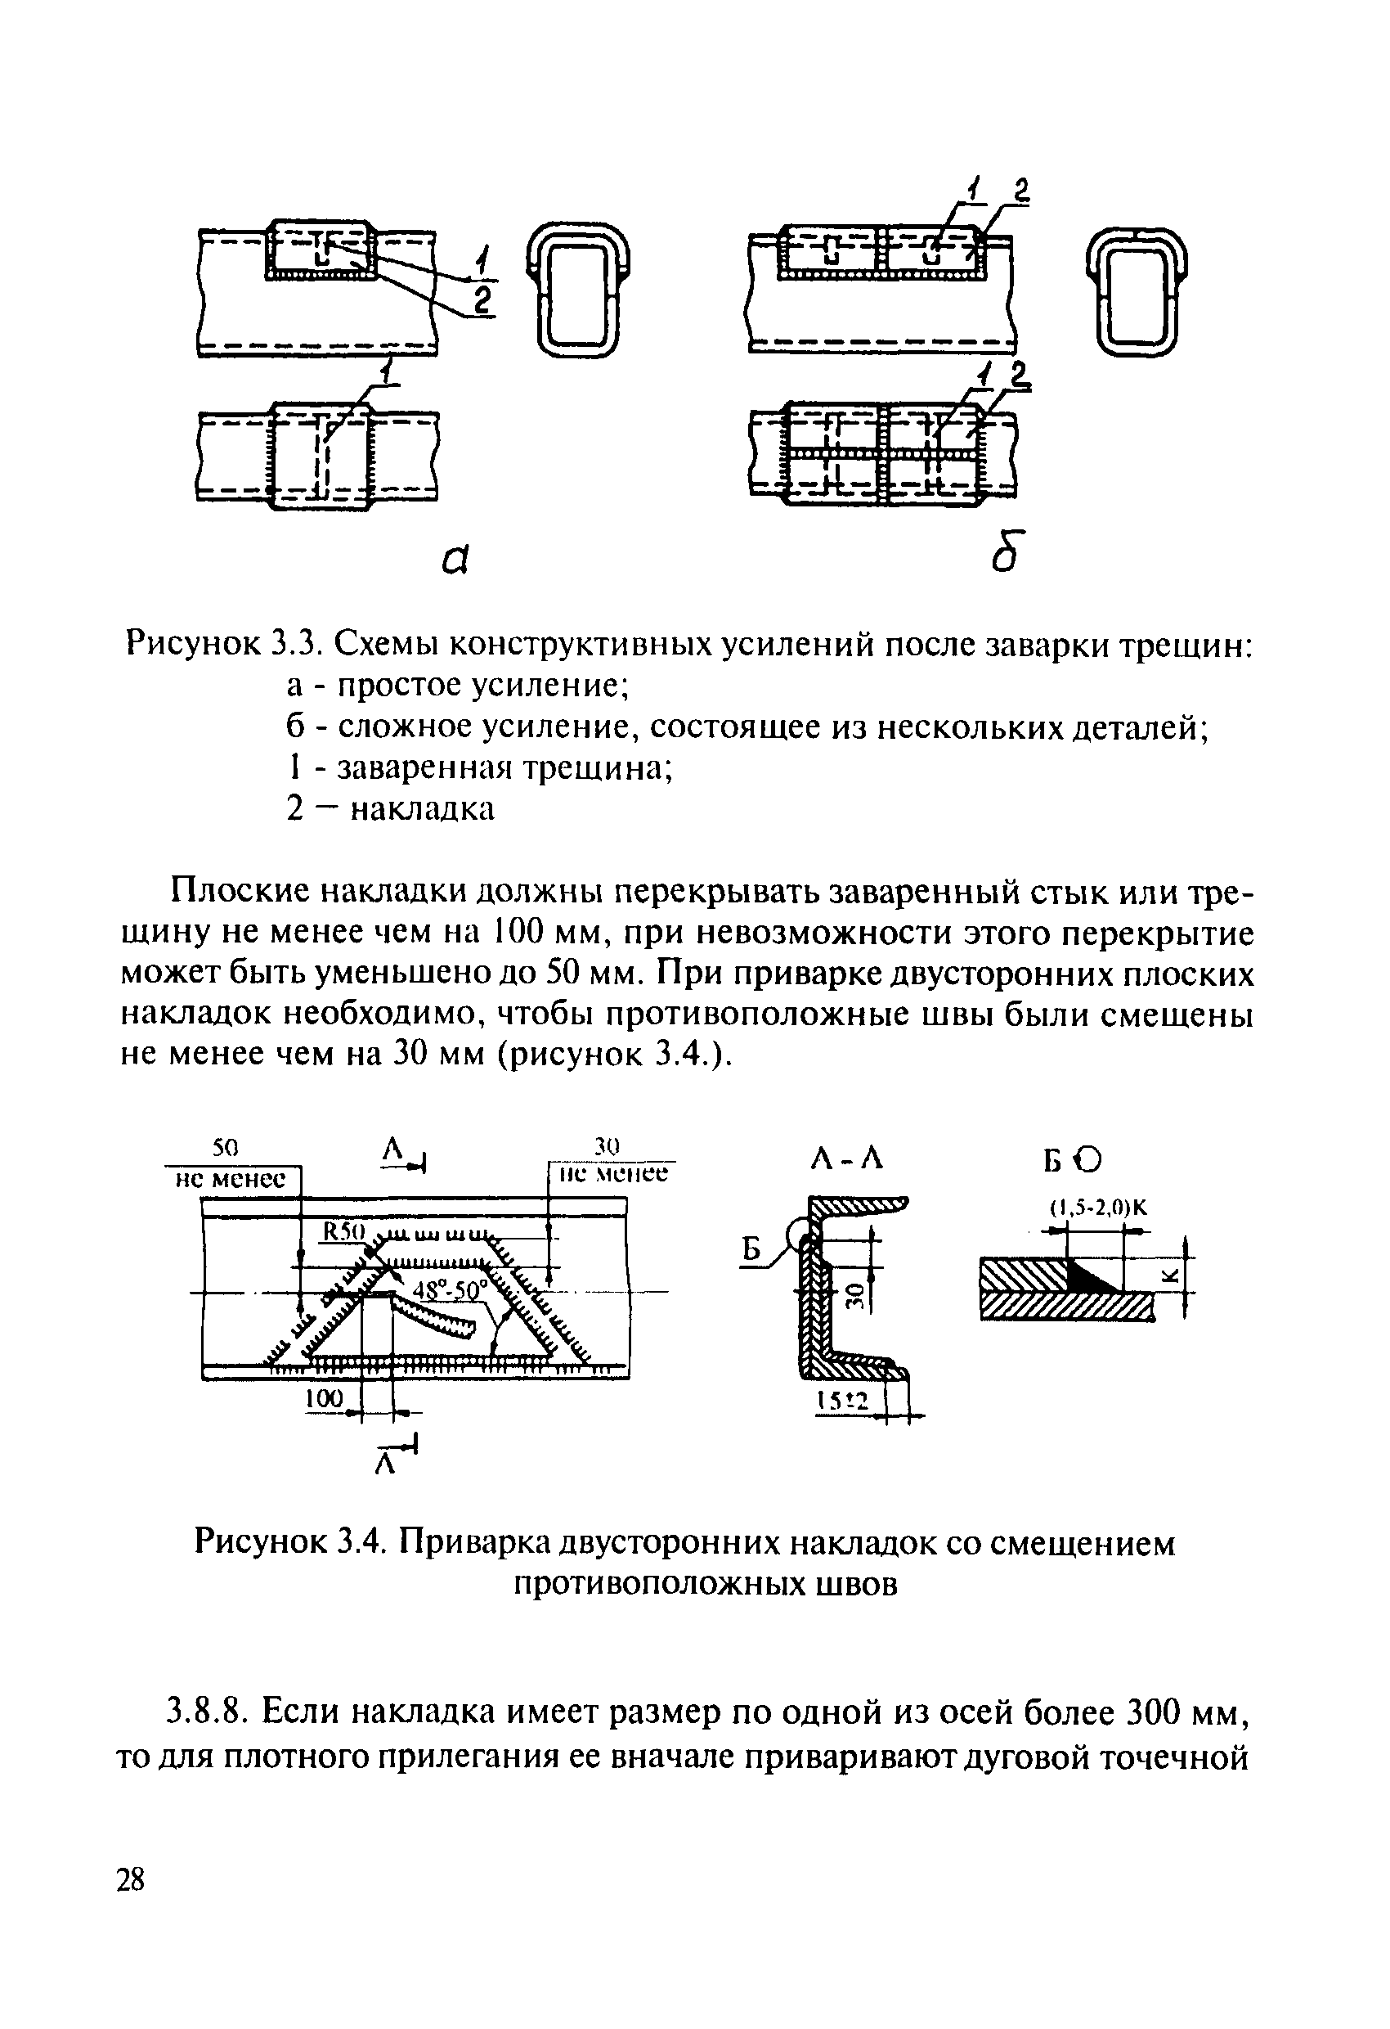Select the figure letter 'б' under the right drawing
1005,552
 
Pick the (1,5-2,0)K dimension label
1099,1208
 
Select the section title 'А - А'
846,1159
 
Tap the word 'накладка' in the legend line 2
423,809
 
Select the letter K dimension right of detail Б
1173,1277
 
